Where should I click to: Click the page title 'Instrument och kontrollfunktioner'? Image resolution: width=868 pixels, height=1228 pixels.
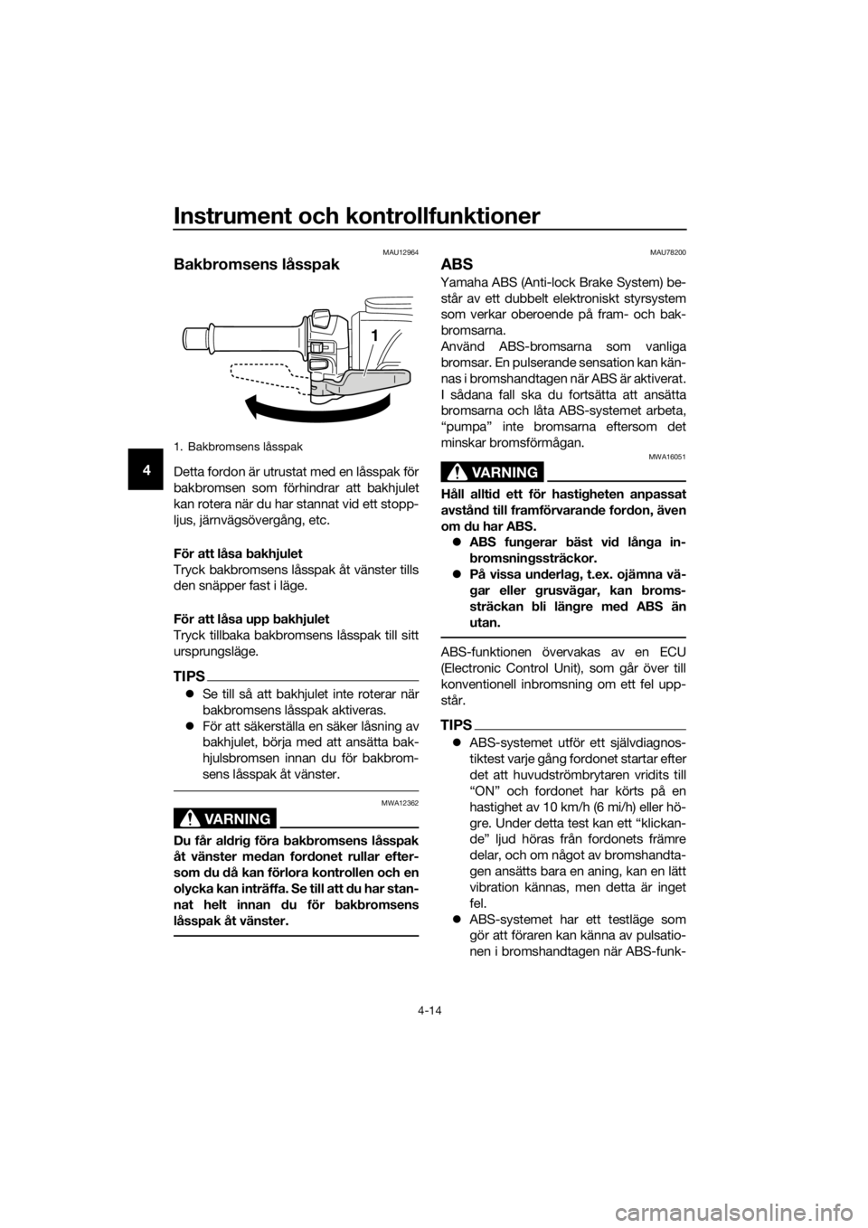point(356,216)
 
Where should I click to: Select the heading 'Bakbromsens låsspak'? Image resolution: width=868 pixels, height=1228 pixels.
point(257,265)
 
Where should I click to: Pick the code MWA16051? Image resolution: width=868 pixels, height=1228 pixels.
point(671,456)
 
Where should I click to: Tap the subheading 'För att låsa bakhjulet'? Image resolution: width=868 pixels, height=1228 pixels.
point(238,553)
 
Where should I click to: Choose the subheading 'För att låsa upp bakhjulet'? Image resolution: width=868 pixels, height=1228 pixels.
point(251,619)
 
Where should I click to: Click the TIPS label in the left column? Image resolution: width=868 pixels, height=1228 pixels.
point(189,675)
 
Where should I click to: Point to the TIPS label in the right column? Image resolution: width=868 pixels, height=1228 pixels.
point(456,724)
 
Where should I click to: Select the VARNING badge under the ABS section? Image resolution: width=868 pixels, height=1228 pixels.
point(492,472)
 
